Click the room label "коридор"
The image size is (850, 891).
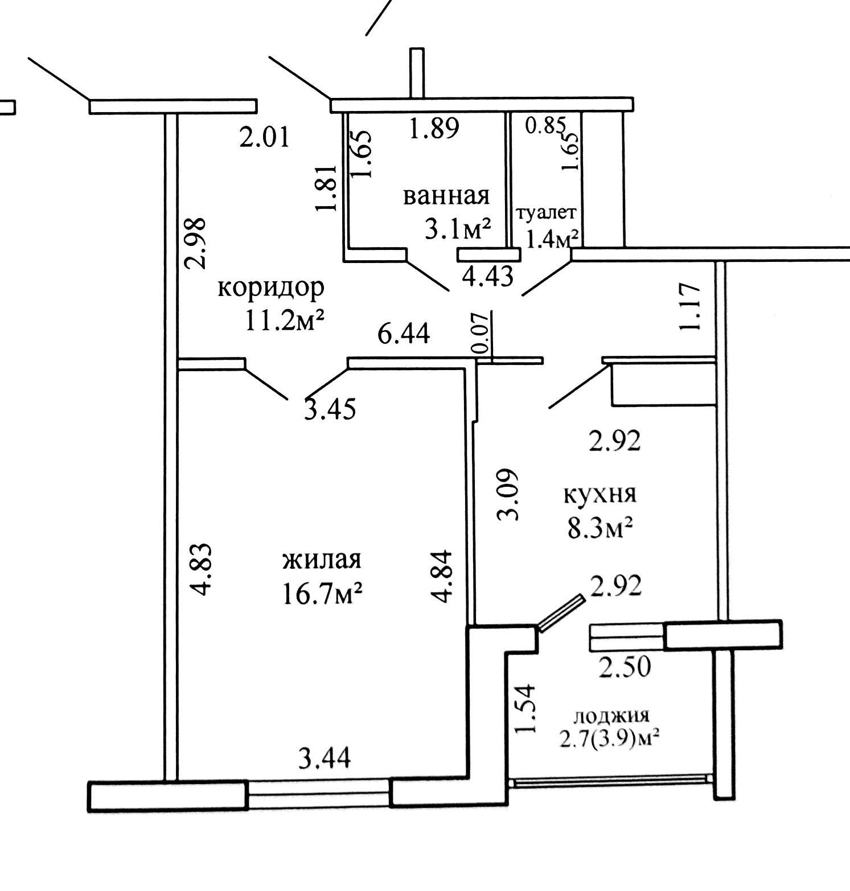tap(271, 288)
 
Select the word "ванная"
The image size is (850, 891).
tap(446, 196)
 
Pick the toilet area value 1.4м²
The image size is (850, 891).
tap(552, 239)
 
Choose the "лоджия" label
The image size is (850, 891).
tap(611, 716)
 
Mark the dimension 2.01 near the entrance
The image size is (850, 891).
tap(265, 138)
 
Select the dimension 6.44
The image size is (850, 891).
tap(404, 334)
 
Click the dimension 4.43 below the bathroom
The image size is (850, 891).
tap(488, 276)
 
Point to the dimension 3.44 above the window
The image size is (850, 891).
tap(325, 758)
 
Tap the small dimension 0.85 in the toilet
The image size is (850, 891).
tap(545, 125)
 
